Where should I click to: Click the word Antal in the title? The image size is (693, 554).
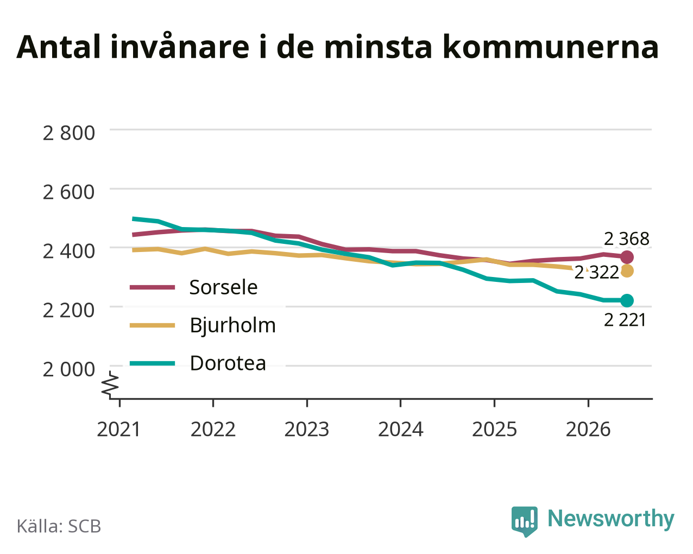click(x=58, y=47)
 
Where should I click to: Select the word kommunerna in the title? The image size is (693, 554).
click(x=551, y=47)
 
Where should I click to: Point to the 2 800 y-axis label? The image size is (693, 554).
click(x=68, y=133)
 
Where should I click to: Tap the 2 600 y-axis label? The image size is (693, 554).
click(x=68, y=192)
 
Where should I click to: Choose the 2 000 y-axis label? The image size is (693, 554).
click(x=68, y=369)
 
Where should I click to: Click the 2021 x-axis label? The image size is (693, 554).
click(x=119, y=429)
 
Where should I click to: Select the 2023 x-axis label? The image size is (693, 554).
click(x=306, y=429)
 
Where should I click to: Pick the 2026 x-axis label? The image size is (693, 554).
click(x=588, y=429)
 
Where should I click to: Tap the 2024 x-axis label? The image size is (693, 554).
click(x=400, y=429)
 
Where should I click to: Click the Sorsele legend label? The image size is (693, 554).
click(x=223, y=287)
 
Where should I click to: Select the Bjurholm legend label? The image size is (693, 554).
click(x=232, y=325)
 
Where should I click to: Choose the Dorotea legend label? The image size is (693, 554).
click(x=228, y=363)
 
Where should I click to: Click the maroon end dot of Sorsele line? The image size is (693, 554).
click(x=627, y=257)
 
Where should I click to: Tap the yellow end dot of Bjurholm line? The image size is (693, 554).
click(x=627, y=271)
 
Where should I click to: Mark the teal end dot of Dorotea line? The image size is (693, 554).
click(x=627, y=300)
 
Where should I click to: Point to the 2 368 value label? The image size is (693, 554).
click(x=626, y=239)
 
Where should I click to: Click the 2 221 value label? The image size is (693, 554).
click(x=625, y=320)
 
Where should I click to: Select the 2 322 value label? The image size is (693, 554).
click(x=597, y=273)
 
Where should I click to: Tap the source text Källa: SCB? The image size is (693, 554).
click(x=59, y=526)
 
